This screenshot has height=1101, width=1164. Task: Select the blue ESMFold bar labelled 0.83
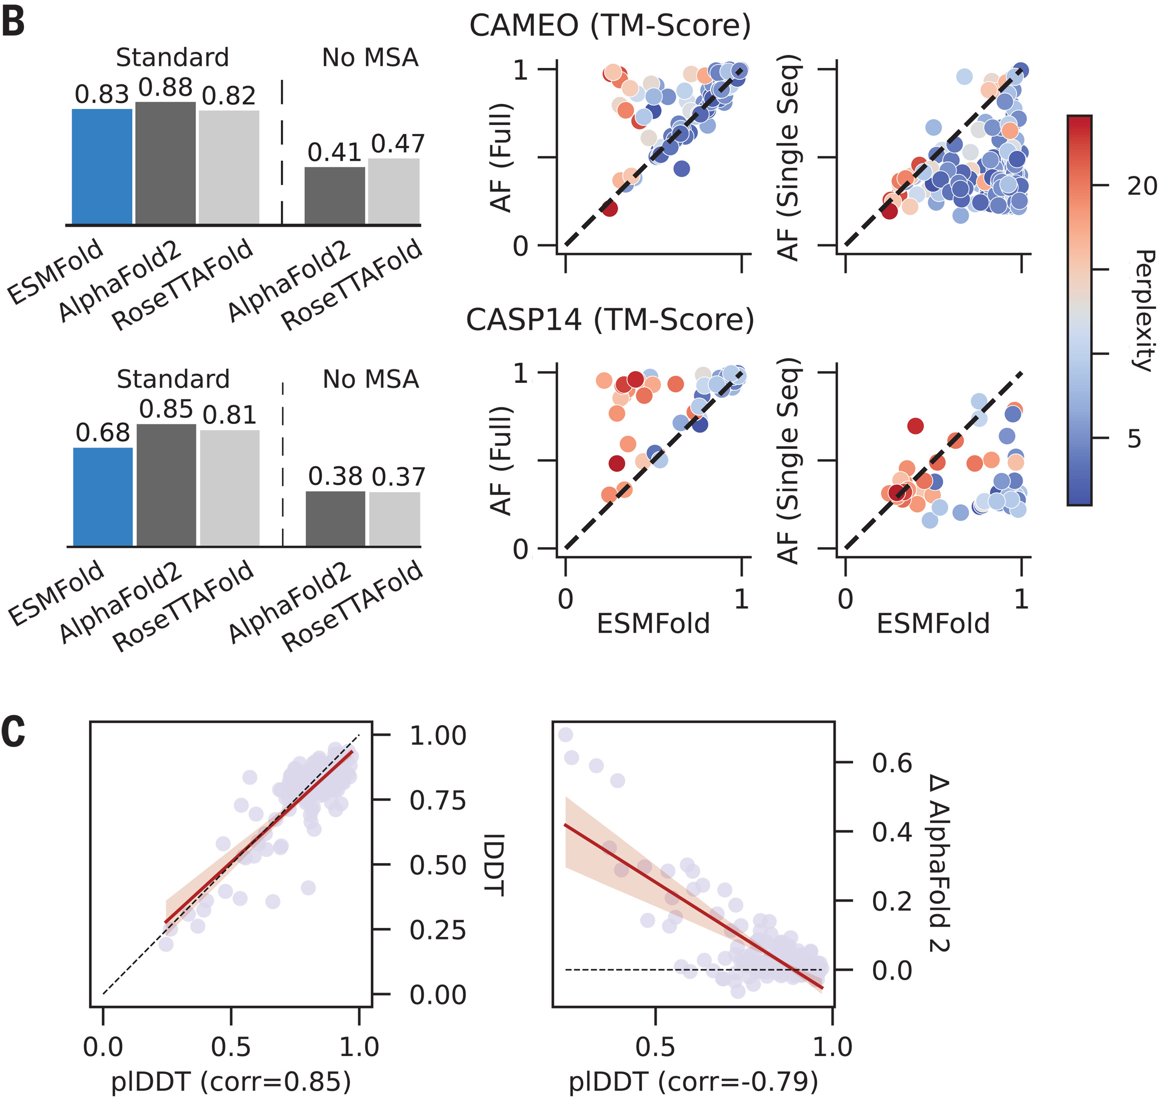pyautogui.click(x=102, y=167)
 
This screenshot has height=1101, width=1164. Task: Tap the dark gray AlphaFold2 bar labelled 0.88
pyautogui.click(x=165, y=163)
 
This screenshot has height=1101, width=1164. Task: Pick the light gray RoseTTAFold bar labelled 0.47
pyautogui.click(x=394, y=191)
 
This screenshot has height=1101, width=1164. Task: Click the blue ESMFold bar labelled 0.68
pyautogui.click(x=103, y=497)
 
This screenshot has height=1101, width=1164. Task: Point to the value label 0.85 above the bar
pyautogui.click(x=166, y=409)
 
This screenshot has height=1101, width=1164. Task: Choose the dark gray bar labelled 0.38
pyautogui.click(x=335, y=519)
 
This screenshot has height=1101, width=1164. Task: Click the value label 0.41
pyautogui.click(x=334, y=152)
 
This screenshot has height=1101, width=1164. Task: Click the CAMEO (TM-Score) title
pyautogui.click(x=610, y=26)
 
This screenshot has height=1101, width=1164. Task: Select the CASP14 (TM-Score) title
pyautogui.click(x=610, y=320)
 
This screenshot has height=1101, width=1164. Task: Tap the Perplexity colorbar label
pyautogui.click(x=1144, y=310)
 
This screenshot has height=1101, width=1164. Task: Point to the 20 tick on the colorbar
pyautogui.click(x=1142, y=186)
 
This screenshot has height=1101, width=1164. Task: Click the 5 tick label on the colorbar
pyautogui.click(x=1134, y=438)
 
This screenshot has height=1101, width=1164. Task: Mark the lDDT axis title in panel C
pyautogui.click(x=495, y=865)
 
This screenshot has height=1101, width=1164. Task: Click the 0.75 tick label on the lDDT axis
pyautogui.click(x=438, y=801)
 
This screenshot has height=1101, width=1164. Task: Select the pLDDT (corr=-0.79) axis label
pyautogui.click(x=693, y=1081)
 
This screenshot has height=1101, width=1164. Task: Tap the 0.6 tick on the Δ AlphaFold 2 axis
pyautogui.click(x=892, y=763)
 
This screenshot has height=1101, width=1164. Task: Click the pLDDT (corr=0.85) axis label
pyautogui.click(x=231, y=1081)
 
